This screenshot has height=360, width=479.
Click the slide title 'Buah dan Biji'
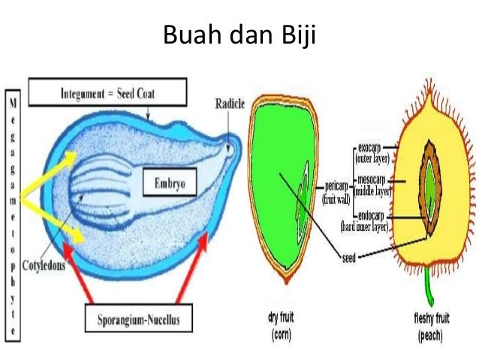click(x=239, y=35)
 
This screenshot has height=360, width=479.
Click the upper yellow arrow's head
click(x=72, y=157)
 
